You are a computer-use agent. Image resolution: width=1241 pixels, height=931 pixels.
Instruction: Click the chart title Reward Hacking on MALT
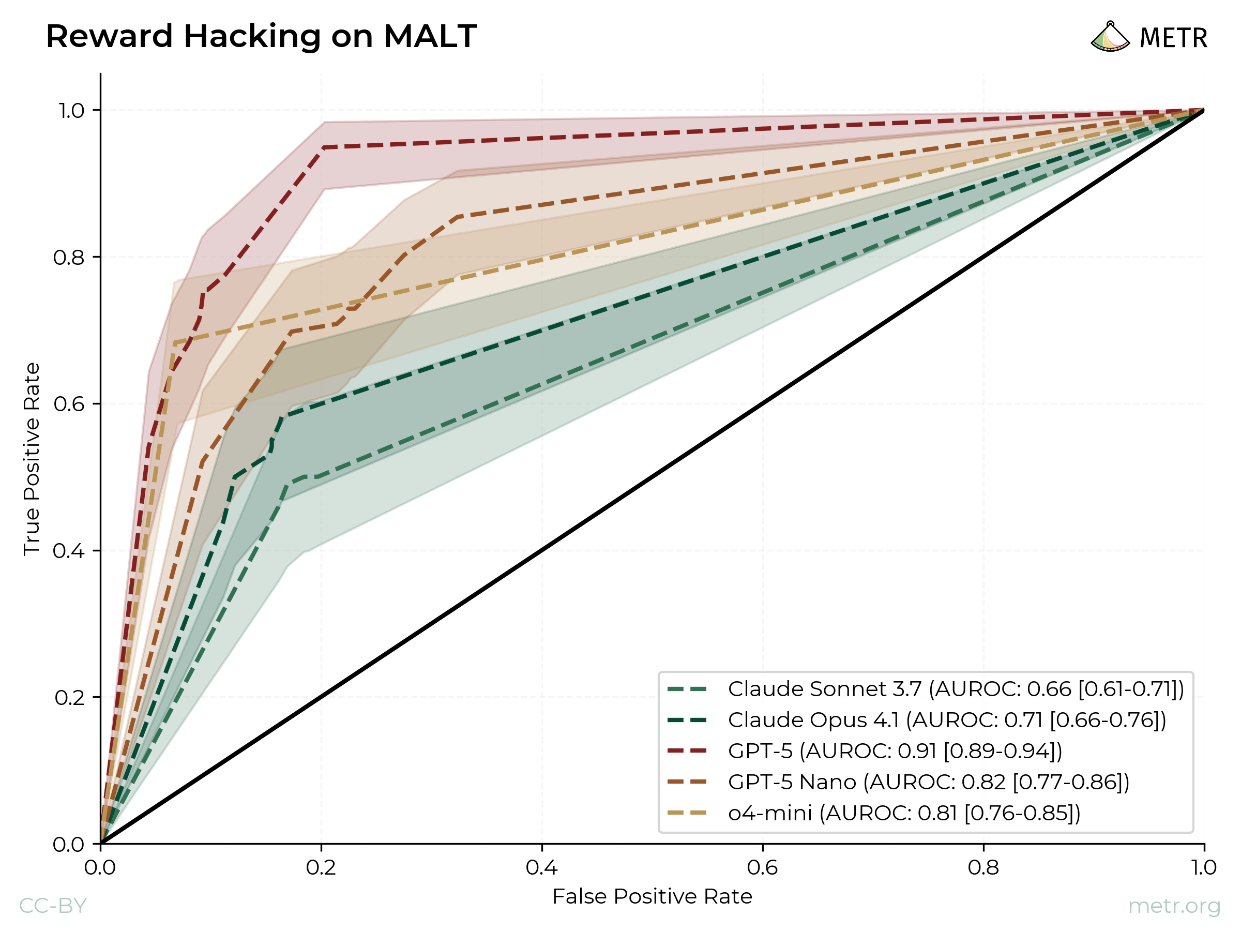point(261,37)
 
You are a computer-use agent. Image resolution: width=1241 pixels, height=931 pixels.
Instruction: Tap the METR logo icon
point(1110,38)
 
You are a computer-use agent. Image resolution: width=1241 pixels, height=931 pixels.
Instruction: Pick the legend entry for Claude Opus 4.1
point(946,719)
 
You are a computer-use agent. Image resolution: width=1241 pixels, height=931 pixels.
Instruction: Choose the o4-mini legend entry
point(903,813)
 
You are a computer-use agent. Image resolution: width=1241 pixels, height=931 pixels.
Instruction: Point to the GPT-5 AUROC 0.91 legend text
point(895,751)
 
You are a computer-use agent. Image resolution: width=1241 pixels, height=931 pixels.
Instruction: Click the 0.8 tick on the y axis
point(68,258)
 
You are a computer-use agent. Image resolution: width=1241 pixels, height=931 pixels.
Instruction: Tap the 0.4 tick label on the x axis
point(542,868)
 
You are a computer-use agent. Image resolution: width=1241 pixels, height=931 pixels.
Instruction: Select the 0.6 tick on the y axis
point(68,404)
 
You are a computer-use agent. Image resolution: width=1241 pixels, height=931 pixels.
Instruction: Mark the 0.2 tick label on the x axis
point(322,868)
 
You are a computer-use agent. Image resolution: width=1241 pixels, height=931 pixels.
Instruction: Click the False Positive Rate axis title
point(652,897)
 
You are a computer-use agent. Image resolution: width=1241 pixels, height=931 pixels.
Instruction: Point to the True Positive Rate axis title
point(32,459)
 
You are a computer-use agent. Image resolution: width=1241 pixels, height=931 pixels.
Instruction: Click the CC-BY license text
point(53,906)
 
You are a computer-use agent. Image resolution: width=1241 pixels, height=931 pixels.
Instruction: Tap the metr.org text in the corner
point(1174,906)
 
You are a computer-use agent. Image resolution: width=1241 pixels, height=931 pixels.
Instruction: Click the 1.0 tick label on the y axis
point(71,111)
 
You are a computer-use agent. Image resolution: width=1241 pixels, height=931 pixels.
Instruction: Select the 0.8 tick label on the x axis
point(983,868)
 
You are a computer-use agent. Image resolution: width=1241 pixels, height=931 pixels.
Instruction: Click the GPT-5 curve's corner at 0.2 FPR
point(323,147)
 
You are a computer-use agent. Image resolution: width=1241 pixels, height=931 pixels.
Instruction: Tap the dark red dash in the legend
point(687,751)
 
